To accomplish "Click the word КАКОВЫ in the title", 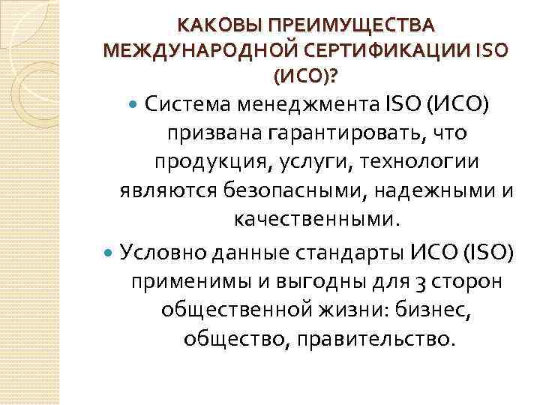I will click(213, 26).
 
